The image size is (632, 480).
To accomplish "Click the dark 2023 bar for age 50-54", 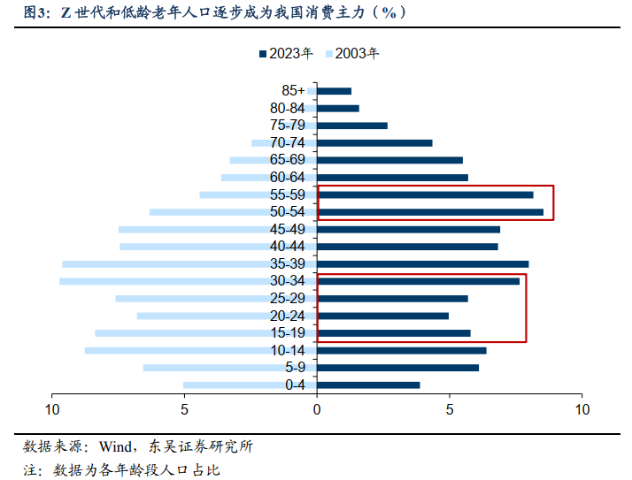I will (x=430, y=212).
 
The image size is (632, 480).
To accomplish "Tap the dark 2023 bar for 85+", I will (x=334, y=91).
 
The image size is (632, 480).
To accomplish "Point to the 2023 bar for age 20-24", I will (x=382, y=316).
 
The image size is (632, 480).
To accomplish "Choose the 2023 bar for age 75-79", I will (x=352, y=126).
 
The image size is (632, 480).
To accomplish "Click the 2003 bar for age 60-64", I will (x=269, y=178).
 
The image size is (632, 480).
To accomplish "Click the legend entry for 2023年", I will (x=286, y=53).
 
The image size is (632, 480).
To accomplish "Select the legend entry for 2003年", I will (x=353, y=53).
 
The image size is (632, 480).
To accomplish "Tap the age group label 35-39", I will (x=288, y=264).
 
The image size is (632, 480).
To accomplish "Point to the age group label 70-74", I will (x=288, y=143).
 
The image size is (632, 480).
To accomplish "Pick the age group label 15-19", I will (x=288, y=333).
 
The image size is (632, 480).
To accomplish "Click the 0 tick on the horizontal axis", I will (x=317, y=409).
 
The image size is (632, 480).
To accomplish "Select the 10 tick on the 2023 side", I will (x=582, y=409).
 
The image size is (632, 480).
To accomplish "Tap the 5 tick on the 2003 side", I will (x=185, y=409).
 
